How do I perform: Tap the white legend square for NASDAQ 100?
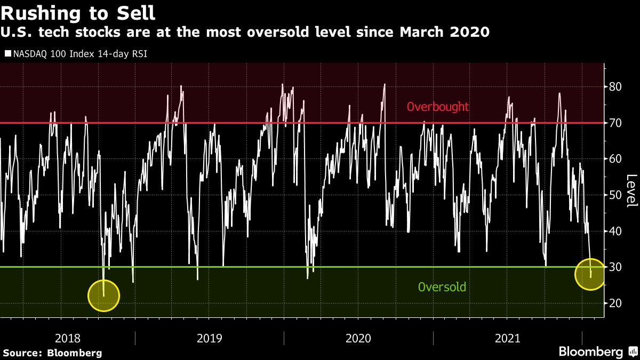7,53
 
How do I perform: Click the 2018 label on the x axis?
68,338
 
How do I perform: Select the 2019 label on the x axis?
210,338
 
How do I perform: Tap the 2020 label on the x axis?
358,338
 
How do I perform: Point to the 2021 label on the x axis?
508,338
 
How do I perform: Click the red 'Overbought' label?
437,107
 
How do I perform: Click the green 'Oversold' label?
442,287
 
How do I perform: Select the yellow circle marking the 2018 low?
103,295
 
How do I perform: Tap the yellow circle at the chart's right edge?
590,274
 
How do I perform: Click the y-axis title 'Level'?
631,191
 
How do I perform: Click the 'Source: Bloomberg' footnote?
52,353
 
